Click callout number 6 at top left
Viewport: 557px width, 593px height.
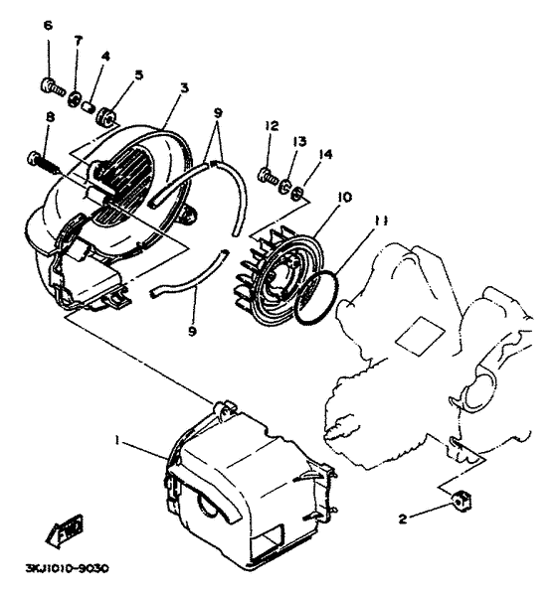click(47, 53)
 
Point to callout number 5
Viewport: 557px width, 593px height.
click(138, 74)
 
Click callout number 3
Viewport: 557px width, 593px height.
click(183, 88)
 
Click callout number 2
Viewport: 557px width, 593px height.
click(403, 518)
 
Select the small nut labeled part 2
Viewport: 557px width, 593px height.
click(460, 500)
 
